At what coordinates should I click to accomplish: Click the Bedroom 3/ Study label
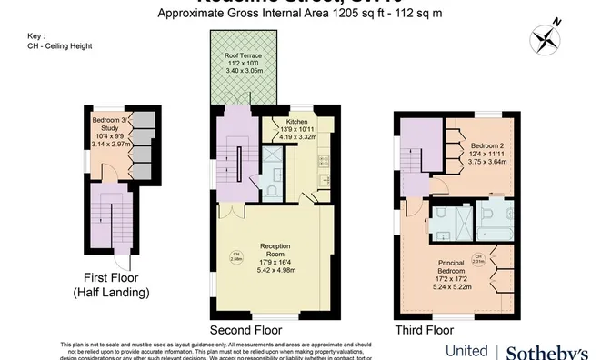tap(112, 131)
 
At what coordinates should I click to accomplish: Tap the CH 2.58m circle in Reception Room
tap(235, 255)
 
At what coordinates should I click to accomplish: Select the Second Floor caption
tap(245, 330)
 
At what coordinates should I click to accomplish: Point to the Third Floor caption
tap(425, 330)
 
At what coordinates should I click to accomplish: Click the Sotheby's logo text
tap(546, 351)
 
